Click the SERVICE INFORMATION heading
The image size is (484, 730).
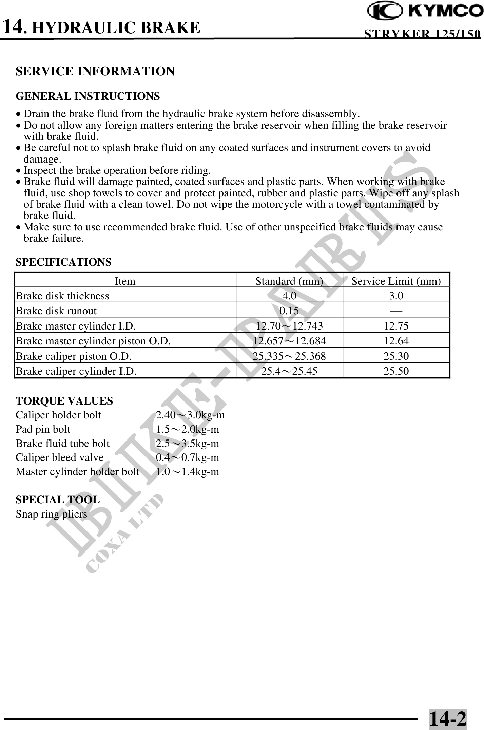click(95, 71)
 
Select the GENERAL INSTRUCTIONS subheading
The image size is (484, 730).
click(88, 96)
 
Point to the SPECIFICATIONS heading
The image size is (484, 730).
click(63, 262)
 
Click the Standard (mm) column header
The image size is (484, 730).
click(289, 281)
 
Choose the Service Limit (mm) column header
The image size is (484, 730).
click(396, 281)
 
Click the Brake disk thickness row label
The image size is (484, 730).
click(62, 296)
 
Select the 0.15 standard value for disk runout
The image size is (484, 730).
click(289, 311)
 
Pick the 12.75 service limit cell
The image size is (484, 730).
click(396, 326)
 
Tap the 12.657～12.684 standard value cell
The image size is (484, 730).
click(289, 341)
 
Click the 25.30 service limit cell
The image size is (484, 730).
click(396, 356)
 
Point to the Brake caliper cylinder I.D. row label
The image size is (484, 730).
click(76, 371)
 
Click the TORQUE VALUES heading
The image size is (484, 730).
click(64, 401)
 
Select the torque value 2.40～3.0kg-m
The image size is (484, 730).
click(190, 415)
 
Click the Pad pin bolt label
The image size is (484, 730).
click(43, 429)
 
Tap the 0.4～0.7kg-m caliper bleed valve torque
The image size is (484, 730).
click(188, 457)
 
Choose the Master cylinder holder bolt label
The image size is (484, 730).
click(77, 472)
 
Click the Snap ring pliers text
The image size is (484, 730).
click(52, 514)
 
